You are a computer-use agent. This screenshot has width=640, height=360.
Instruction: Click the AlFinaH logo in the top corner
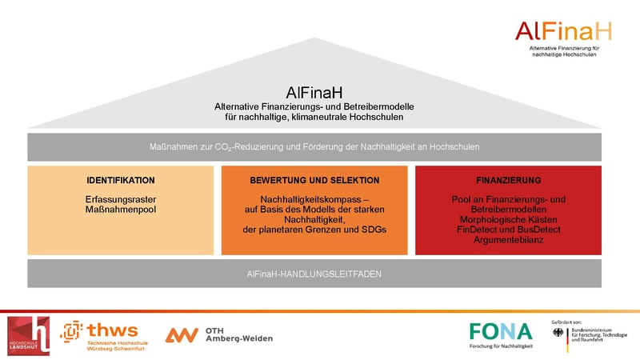point(563,32)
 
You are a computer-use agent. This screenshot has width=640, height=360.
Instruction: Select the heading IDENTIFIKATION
point(120,180)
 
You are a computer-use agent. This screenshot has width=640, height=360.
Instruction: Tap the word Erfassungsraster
point(120,199)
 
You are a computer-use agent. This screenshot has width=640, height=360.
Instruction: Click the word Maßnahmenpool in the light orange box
point(120,210)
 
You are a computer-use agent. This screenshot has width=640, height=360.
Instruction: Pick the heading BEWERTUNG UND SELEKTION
point(314,180)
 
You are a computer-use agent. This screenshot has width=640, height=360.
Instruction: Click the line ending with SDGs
point(314,230)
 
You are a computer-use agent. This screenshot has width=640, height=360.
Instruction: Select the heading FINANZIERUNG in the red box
point(508,180)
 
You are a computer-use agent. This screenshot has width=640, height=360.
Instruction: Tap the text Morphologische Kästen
point(508,219)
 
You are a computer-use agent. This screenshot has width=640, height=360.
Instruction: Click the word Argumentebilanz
point(508,239)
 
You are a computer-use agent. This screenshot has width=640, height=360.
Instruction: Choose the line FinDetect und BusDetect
point(508,230)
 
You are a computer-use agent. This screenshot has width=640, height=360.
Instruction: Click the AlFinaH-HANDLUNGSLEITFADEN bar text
point(314,274)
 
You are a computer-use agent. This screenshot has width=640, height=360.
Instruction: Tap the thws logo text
point(111,330)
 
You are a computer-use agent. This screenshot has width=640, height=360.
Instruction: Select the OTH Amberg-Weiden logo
point(218,334)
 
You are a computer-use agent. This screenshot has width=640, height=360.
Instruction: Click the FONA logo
point(500,330)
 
